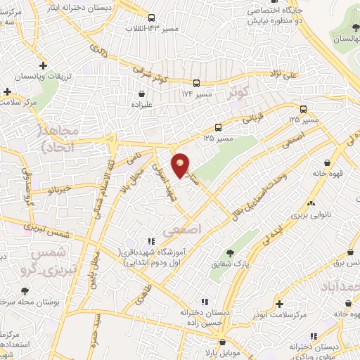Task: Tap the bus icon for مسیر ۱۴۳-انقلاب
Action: coord(152,18)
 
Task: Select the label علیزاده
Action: coord(143,105)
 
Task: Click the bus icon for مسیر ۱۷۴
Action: coord(200,82)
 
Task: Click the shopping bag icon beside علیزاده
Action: coord(143,93)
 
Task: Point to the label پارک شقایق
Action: coord(229,265)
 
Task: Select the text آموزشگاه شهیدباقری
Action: coord(149,252)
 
